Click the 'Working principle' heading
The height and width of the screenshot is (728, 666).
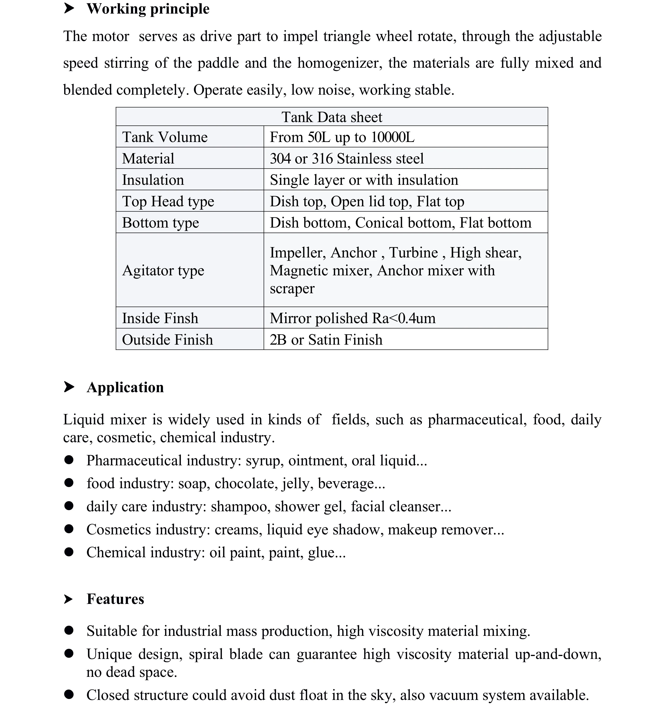[x=148, y=9]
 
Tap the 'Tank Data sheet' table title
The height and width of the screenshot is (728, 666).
[x=332, y=117]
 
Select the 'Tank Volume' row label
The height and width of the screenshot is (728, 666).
[x=165, y=137]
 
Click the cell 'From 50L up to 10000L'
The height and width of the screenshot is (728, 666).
[x=342, y=137]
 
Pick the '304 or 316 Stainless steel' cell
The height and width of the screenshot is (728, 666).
[x=346, y=158]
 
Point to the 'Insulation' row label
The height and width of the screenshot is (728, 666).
[x=153, y=180]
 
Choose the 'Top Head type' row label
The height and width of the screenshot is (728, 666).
[x=168, y=201]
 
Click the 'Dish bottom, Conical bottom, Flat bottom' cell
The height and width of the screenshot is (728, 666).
[x=401, y=222]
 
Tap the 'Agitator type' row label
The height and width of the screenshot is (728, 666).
[x=163, y=270]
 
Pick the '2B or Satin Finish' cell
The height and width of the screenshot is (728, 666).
[x=326, y=339]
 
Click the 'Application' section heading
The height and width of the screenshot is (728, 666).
[x=125, y=387]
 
